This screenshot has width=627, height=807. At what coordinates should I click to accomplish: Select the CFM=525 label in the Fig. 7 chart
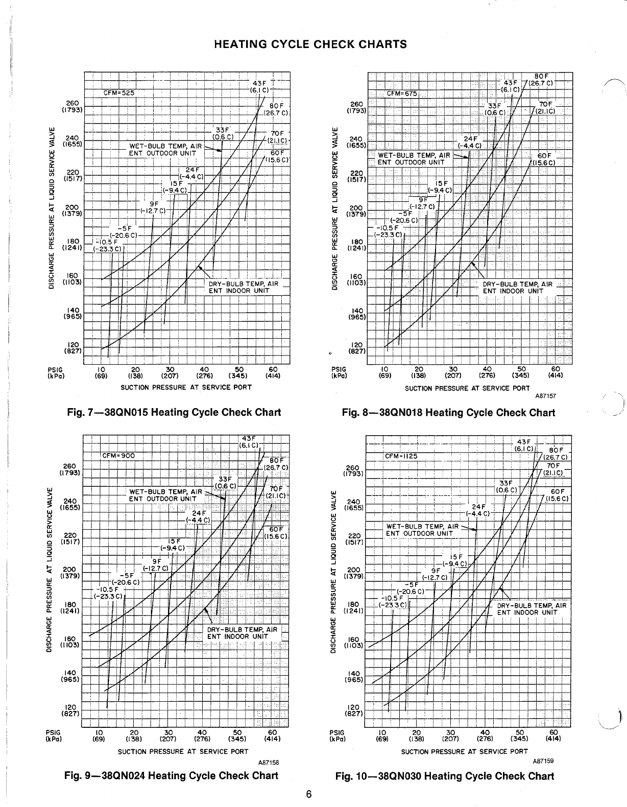click(x=115, y=93)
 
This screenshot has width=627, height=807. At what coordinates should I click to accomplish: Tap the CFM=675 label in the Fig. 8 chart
click(x=402, y=93)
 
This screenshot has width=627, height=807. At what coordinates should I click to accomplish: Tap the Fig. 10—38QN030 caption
click(x=444, y=776)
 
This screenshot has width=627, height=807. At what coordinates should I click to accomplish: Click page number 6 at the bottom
click(x=309, y=794)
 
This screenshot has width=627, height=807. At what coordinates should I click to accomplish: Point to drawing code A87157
click(x=545, y=396)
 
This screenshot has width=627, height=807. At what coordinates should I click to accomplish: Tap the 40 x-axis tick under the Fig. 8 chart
click(x=487, y=368)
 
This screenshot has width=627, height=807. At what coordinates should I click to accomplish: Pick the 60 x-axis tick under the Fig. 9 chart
click(x=272, y=731)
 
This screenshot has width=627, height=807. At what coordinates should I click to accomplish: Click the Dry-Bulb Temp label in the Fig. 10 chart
click(x=532, y=606)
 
